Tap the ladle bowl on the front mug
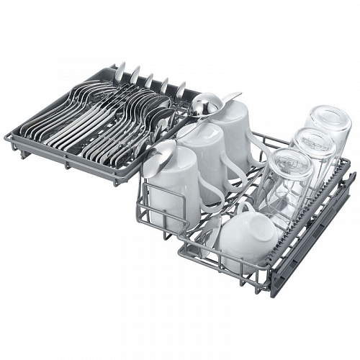(x=161, y=151)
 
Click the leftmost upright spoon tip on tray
(x=120, y=68)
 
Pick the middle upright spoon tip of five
(x=149, y=78)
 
